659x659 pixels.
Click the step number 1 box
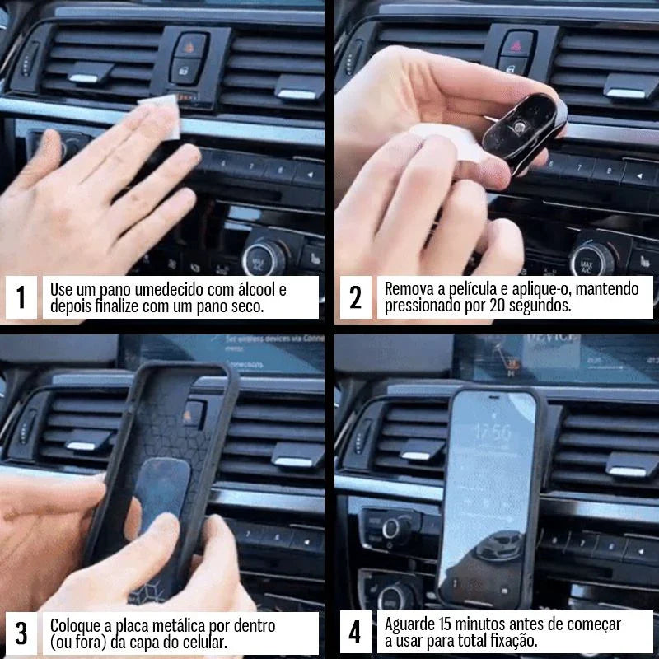pyautogui.click(x=21, y=297)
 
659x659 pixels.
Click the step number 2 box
pyautogui.click(x=355, y=297)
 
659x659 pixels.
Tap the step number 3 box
pyautogui.click(x=21, y=633)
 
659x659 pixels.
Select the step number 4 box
pyautogui.click(x=355, y=633)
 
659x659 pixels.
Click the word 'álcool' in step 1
pyautogui.click(x=258, y=290)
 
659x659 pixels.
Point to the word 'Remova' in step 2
pyautogui.click(x=409, y=290)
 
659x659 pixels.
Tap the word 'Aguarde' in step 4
pyautogui.click(x=411, y=625)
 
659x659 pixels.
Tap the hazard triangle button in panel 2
pyautogui.click(x=519, y=41)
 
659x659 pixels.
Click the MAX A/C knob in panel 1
pyautogui.click(x=263, y=256)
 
